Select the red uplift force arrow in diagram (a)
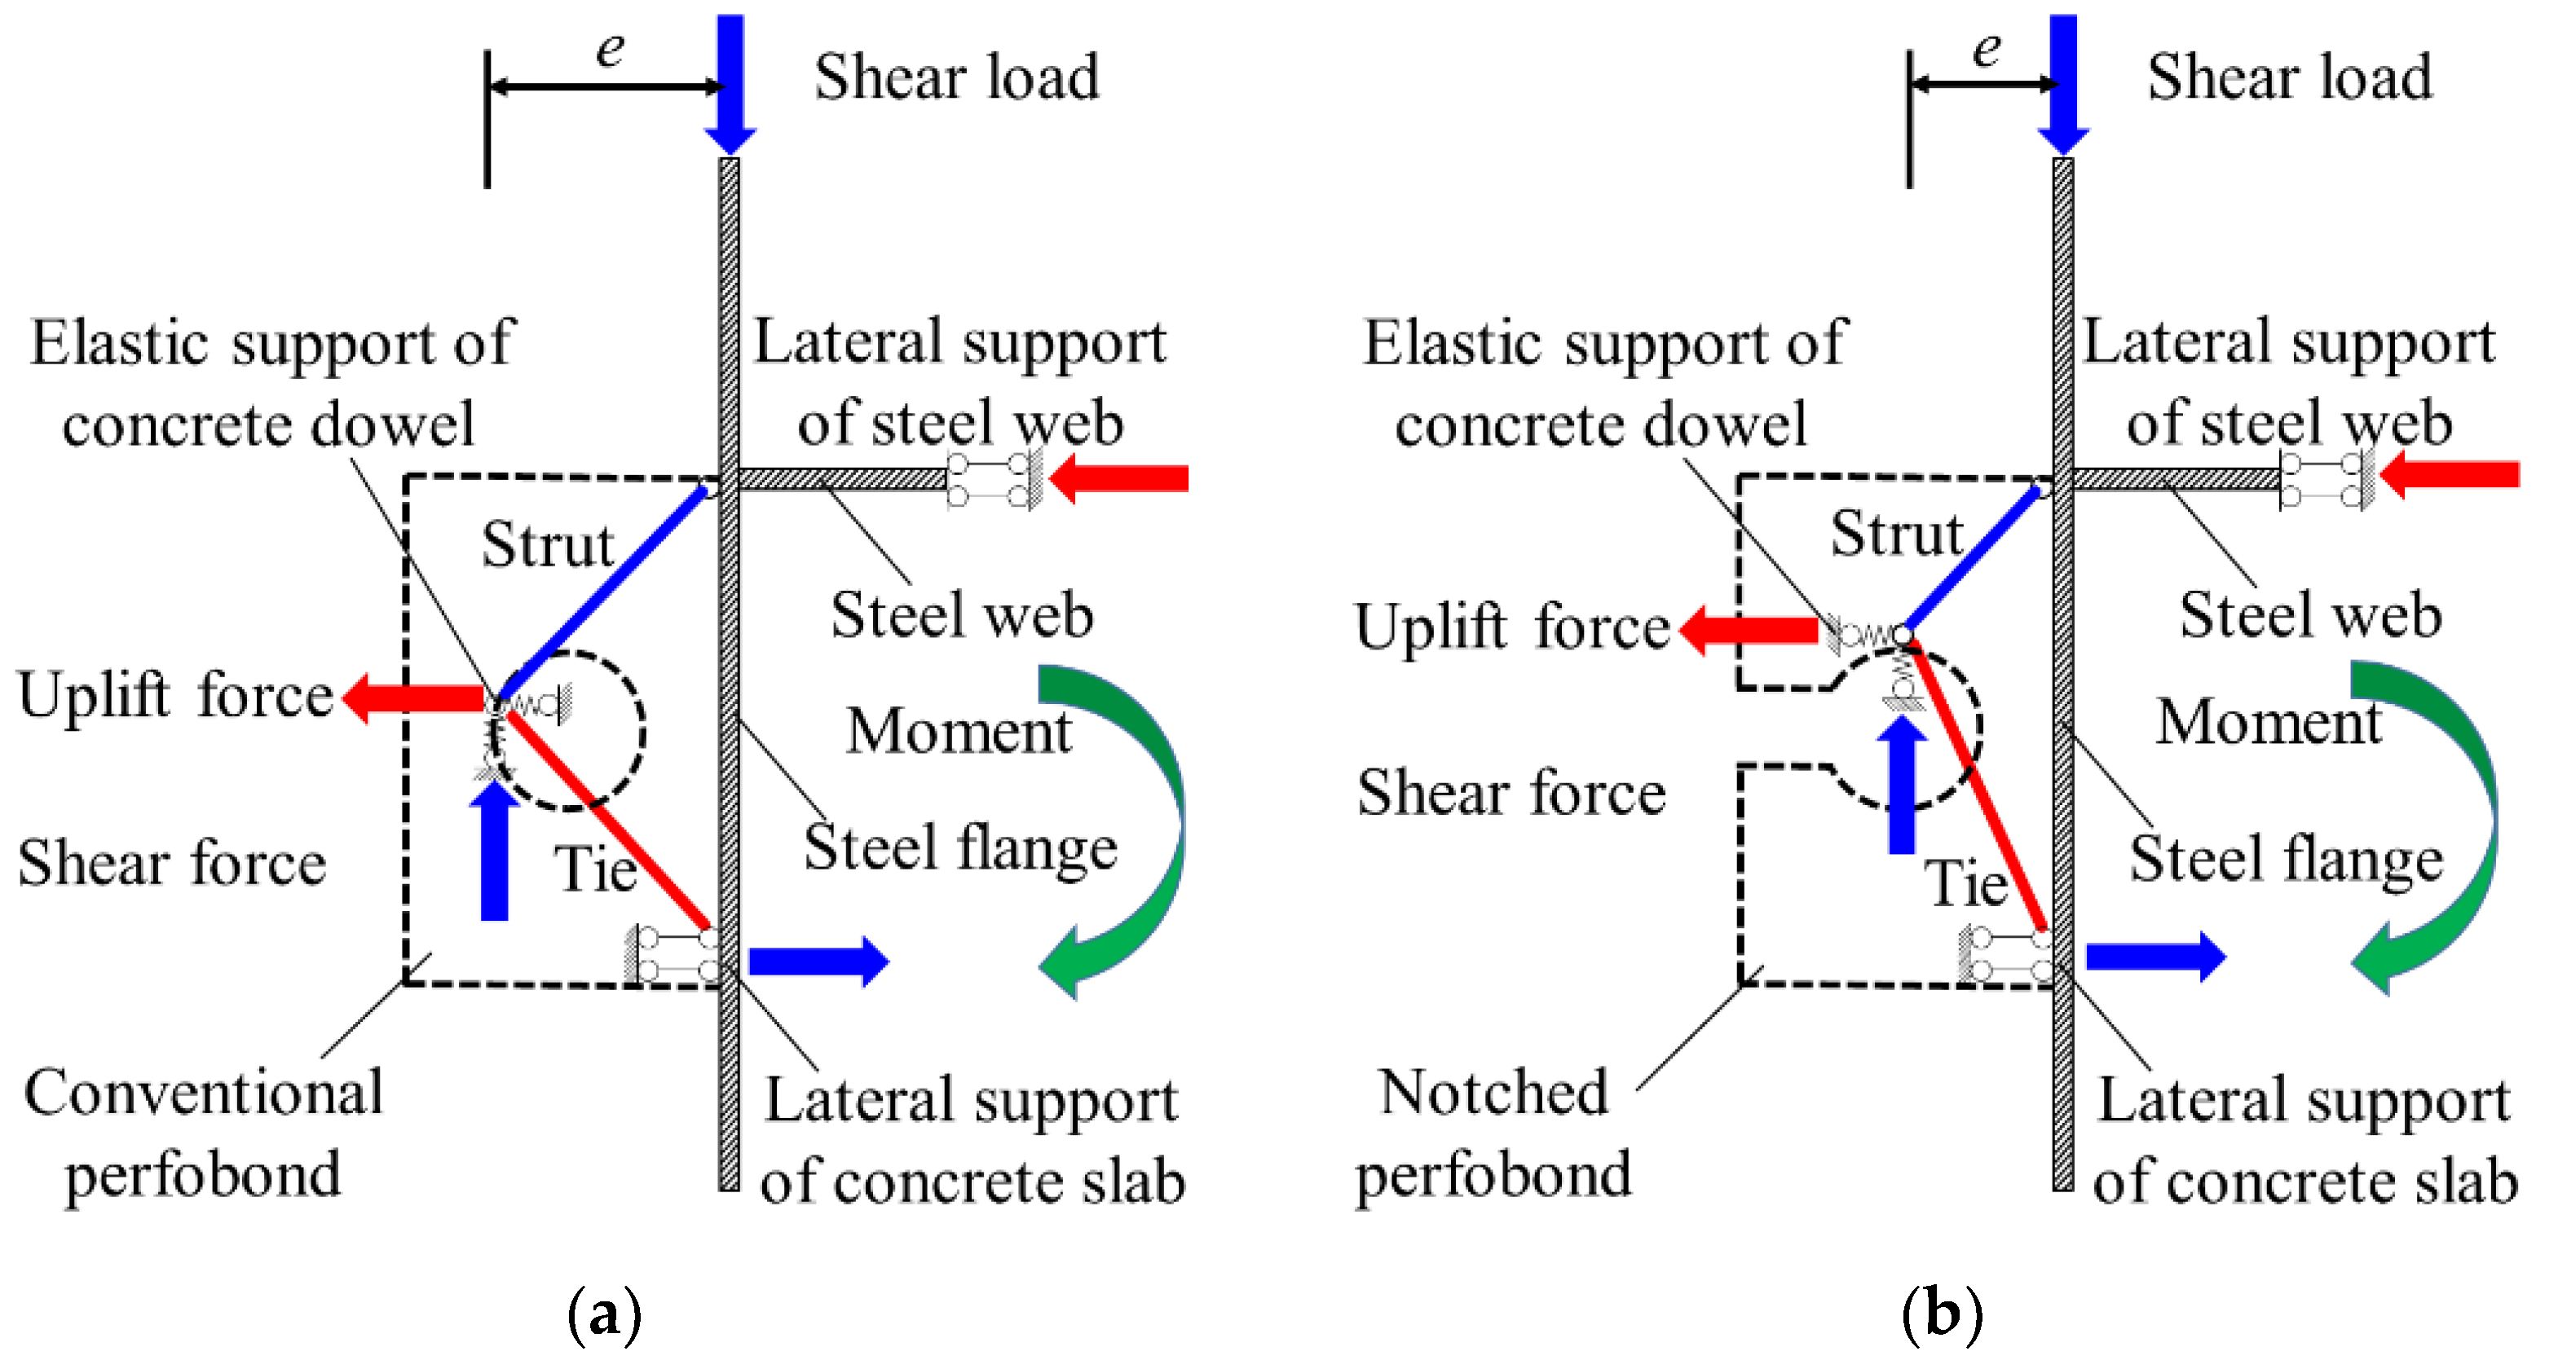pos(417,698)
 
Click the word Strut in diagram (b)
pos(1897,534)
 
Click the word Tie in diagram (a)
pos(593,869)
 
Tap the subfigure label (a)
pos(604,1314)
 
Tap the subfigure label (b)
pos(1942,1314)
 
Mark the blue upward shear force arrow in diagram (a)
pos(495,854)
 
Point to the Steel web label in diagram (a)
pos(961,615)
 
